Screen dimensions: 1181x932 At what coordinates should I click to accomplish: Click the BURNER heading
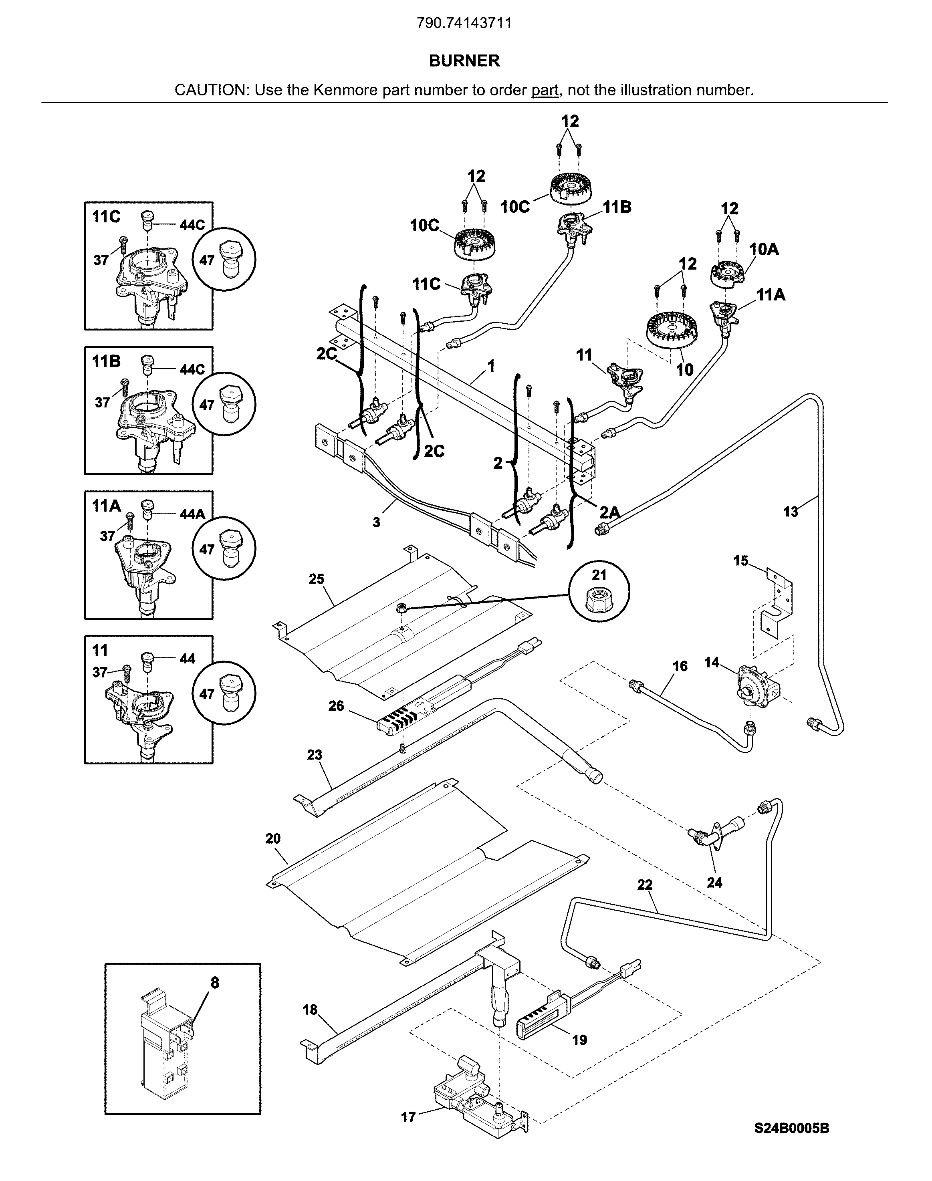click(x=464, y=60)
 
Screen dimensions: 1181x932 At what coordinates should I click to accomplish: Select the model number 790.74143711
click(x=464, y=23)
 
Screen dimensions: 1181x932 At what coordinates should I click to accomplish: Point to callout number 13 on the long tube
click(x=790, y=512)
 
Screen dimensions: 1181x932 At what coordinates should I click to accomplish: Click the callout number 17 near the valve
click(x=408, y=1117)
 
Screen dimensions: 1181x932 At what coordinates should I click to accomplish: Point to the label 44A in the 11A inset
click(x=192, y=514)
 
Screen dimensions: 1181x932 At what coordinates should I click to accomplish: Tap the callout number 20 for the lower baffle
click(x=273, y=838)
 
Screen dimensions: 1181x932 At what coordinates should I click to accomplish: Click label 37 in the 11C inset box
click(x=101, y=260)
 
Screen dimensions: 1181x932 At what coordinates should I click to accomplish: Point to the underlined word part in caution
click(x=545, y=90)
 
